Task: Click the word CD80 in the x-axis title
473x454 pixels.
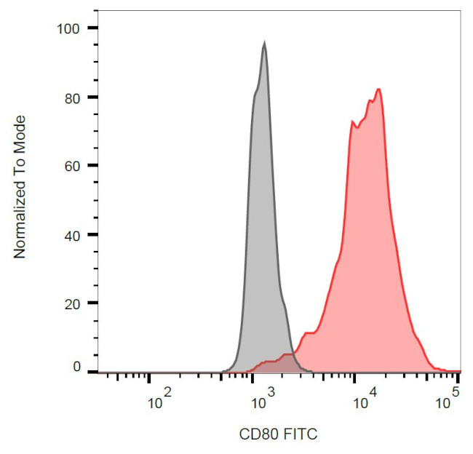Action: coord(255,434)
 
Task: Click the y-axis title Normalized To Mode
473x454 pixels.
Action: coord(20,187)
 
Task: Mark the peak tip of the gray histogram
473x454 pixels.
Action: coord(264,43)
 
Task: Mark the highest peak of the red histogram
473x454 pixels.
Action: coord(378,89)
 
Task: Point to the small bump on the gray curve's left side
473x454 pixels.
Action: coord(255,92)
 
